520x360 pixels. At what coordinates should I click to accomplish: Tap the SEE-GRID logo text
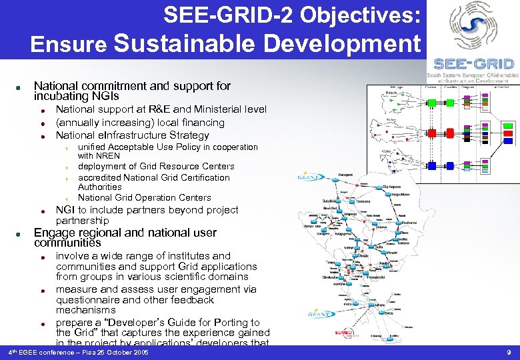[473, 64]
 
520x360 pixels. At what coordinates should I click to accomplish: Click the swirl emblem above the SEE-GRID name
[473, 27]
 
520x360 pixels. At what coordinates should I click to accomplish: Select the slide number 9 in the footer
[508, 351]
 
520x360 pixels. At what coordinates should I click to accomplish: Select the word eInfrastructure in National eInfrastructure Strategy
[136, 135]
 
